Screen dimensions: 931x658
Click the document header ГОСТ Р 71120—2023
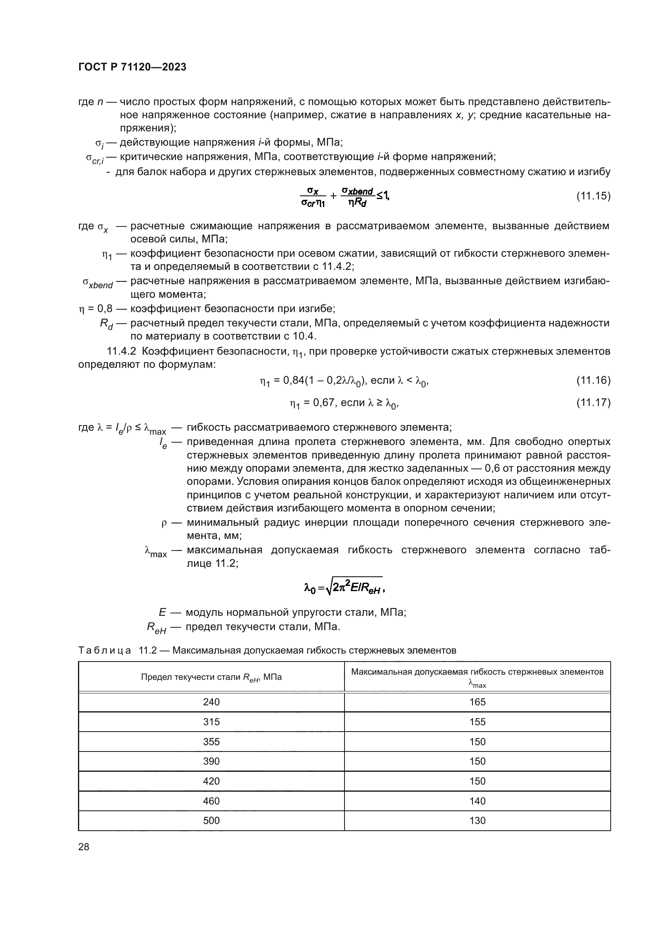pyautogui.click(x=132, y=67)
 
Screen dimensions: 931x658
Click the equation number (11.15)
pyautogui.click(x=593, y=196)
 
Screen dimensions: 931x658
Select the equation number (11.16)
pyautogui.click(x=593, y=380)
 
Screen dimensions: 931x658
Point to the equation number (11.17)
pyautogui.click(x=593, y=402)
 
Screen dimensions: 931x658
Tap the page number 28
pyautogui.click(x=84, y=847)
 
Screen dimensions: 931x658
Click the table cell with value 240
pyautogui.click(x=211, y=702)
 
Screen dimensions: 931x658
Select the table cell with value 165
pyautogui.click(x=477, y=702)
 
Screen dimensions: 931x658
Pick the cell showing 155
pyautogui.click(x=477, y=722)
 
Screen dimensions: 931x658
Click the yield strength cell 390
pyautogui.click(x=211, y=761)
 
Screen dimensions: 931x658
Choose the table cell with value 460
pyautogui.click(x=211, y=801)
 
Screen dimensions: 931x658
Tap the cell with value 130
pyautogui.click(x=477, y=821)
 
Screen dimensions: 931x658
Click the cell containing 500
pyautogui.click(x=211, y=821)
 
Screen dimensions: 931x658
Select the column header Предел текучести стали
pyautogui.click(x=211, y=677)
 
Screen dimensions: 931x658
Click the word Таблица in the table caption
pyautogui.click(x=105, y=651)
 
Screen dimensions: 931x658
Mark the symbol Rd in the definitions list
pyautogui.click(x=107, y=324)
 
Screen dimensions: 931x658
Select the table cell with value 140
pyautogui.click(x=477, y=801)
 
